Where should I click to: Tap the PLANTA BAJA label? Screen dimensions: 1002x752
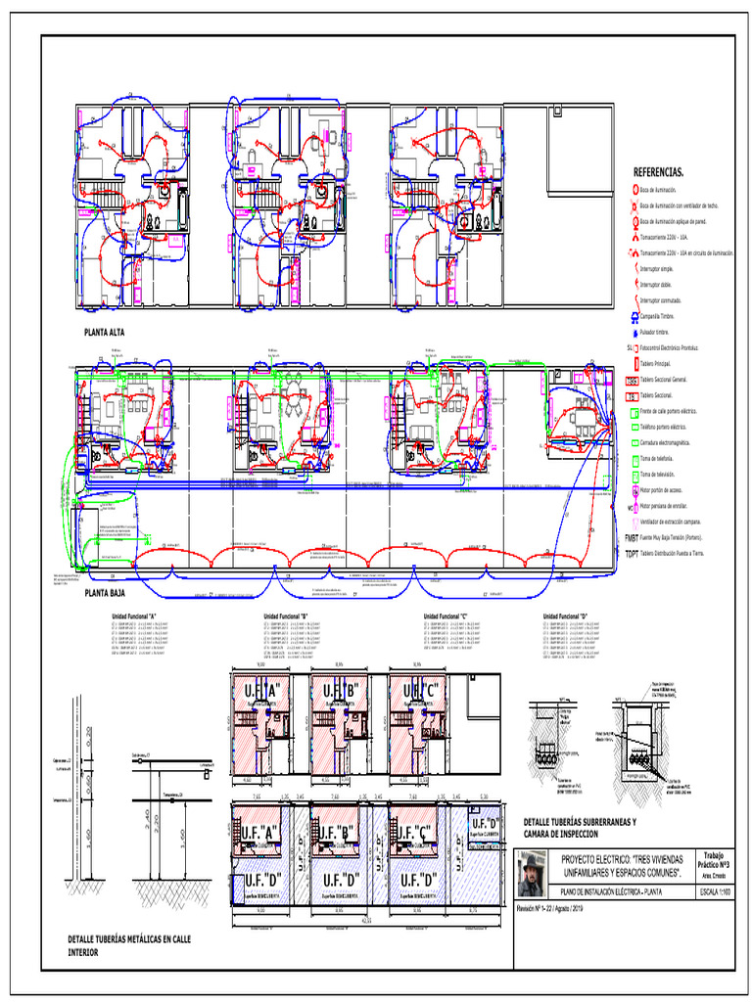pyautogui.click(x=106, y=593)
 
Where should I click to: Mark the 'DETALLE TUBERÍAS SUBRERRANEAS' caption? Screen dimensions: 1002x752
pyautogui.click(x=580, y=822)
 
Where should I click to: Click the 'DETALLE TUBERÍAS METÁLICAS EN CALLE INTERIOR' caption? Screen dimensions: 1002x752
pyautogui.click(x=128, y=944)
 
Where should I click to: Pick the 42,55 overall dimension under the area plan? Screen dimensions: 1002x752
pyautogui.click(x=368, y=921)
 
